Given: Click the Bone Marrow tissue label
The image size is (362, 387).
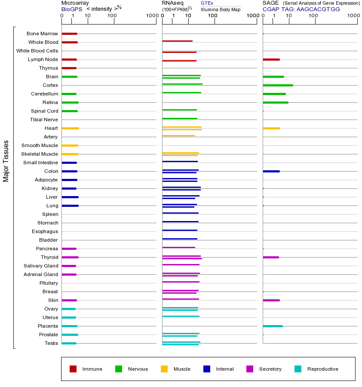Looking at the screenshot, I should point(42,34).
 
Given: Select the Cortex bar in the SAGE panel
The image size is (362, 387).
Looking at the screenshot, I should point(278,85).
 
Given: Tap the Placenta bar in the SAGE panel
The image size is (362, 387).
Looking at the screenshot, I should point(273,326).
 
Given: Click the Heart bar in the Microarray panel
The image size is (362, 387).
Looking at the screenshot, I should point(70,128).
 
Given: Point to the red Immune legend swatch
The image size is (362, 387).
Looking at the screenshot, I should point(73,369).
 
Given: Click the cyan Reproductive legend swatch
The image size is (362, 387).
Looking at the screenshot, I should point(298,369).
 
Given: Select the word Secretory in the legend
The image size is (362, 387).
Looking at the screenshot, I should point(270,369).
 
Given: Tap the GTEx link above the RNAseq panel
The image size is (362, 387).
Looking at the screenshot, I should point(207,3).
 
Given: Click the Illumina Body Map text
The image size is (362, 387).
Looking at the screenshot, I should point(221,9).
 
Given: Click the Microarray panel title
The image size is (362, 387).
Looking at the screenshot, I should point(75,3).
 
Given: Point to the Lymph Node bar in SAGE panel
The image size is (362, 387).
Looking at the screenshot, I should point(271,59).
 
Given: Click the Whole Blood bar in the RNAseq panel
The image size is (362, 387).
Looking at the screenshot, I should point(177,41).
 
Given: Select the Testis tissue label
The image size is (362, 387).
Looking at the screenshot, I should point(51,343).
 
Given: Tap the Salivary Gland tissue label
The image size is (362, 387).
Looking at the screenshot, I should point(41,266).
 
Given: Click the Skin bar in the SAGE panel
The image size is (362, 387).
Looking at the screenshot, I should point(271,300).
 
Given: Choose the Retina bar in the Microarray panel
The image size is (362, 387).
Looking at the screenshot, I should point(70,102).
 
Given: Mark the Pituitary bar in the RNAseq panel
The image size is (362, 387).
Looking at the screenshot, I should point(181,282).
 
